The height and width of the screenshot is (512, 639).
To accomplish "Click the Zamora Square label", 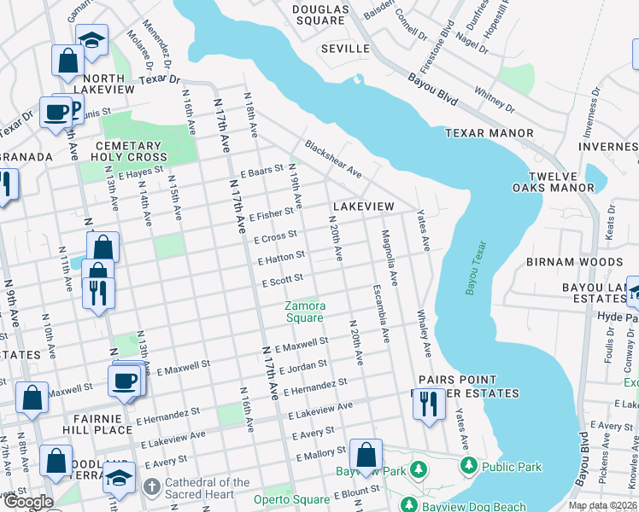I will tap(305, 311).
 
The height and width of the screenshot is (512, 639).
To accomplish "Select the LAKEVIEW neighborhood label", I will tap(363, 207).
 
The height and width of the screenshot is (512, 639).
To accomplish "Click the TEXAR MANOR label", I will tap(489, 133).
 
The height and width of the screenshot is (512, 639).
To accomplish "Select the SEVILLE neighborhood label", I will tap(345, 49).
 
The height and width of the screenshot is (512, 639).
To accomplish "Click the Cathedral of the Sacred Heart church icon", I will tap(151, 488).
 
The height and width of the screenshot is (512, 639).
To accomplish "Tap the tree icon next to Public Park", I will tap(468, 466).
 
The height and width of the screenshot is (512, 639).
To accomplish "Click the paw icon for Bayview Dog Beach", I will tap(408, 505).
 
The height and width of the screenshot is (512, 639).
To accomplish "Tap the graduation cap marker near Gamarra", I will tap(91, 39).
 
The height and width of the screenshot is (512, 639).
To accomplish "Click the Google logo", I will tap(28, 502).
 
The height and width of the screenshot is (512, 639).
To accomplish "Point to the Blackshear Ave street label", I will tap(333, 160).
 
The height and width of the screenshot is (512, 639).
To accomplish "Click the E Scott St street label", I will tap(283, 279).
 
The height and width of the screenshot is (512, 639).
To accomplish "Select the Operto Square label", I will tap(290, 499).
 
